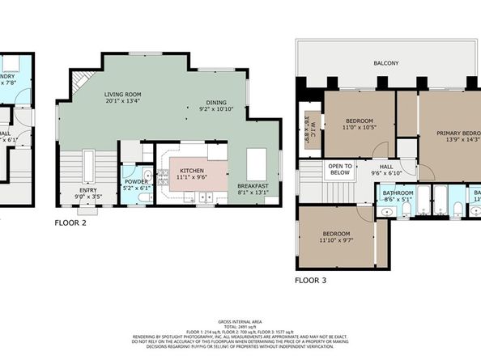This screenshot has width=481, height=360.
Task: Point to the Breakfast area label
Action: [x=253, y=187]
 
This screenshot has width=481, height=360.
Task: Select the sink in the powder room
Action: [x=147, y=174]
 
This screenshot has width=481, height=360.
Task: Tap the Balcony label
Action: [x=385, y=62]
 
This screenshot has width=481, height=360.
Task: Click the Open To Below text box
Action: [x=339, y=170]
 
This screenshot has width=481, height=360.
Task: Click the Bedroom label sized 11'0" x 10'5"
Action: [x=359, y=124]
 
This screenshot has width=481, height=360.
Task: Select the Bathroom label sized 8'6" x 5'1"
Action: [x=398, y=194]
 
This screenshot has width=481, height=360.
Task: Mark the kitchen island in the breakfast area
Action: [x=257, y=164]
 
